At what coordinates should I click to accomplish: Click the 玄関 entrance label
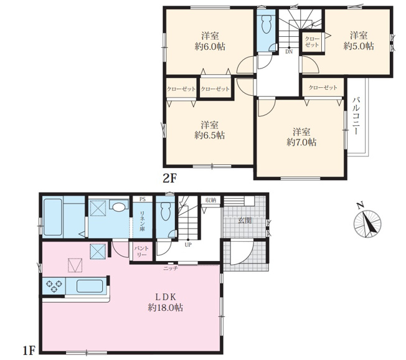(245, 220)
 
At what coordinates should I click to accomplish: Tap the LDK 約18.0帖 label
(166, 302)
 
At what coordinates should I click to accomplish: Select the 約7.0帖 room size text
(301, 142)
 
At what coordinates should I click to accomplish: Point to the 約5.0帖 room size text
(359, 46)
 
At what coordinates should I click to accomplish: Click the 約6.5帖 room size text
(209, 135)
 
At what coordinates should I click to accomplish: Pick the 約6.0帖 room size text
(210, 47)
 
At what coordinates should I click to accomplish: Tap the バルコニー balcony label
(357, 116)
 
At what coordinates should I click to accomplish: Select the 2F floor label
(169, 179)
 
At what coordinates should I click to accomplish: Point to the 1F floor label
(29, 351)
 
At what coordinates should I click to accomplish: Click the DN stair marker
(289, 52)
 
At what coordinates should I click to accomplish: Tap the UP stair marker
(188, 244)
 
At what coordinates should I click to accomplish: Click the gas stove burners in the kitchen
(54, 286)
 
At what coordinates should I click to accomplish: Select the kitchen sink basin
(90, 286)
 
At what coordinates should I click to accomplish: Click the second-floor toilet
(266, 24)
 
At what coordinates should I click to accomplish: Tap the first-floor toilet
(165, 211)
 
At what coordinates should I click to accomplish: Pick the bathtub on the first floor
(53, 217)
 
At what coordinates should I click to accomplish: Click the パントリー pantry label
(141, 252)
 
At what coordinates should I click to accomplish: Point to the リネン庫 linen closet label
(143, 221)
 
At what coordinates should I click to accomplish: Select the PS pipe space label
(143, 199)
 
